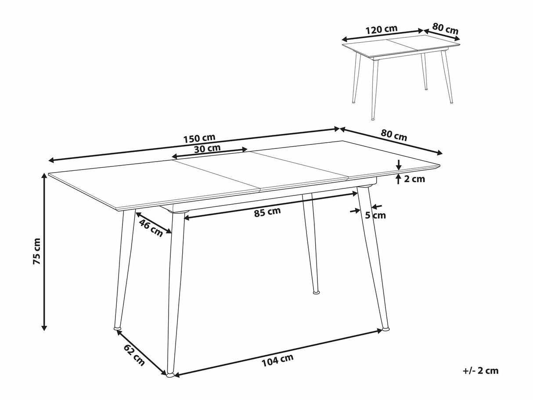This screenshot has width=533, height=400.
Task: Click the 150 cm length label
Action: point(199,138)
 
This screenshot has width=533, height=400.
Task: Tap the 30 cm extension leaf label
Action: point(207,148)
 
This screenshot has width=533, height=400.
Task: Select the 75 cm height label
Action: point(37,251)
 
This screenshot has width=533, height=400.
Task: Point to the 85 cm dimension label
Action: point(267,212)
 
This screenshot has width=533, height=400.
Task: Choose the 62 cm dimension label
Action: point(134,355)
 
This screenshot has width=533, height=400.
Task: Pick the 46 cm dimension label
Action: point(151,228)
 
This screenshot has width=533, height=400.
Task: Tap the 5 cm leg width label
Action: point(375,215)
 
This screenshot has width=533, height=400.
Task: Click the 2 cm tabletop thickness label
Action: point(414,179)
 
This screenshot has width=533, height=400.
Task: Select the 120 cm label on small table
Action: point(382,29)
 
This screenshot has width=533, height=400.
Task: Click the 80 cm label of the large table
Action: point(394,135)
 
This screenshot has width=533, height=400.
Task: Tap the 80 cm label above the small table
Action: point(445,29)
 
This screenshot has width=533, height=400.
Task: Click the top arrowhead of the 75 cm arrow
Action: point(44,175)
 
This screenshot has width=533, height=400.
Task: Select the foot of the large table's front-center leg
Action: point(170,382)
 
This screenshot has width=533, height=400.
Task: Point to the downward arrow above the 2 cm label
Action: point(398,165)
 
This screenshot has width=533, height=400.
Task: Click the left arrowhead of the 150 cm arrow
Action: point(51,159)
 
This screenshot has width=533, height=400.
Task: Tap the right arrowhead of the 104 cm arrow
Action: point(379,331)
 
